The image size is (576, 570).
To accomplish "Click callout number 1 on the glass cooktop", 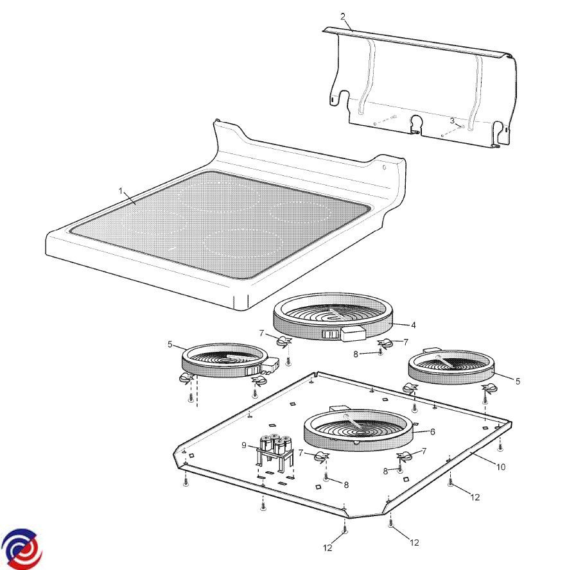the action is coord(120,191).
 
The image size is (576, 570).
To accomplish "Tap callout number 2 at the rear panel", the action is coord(343,17).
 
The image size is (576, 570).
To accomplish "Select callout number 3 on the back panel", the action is coord(452,121).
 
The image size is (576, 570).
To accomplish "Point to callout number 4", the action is coord(414,325).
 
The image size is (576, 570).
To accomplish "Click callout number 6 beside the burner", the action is coord(432,432).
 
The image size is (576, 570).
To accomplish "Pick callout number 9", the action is coord(244,445).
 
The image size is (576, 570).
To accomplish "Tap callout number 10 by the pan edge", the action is coord(501,467).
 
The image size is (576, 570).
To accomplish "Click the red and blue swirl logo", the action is coord(21,549).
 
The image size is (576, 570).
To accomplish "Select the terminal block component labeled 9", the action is coord(275,452).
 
